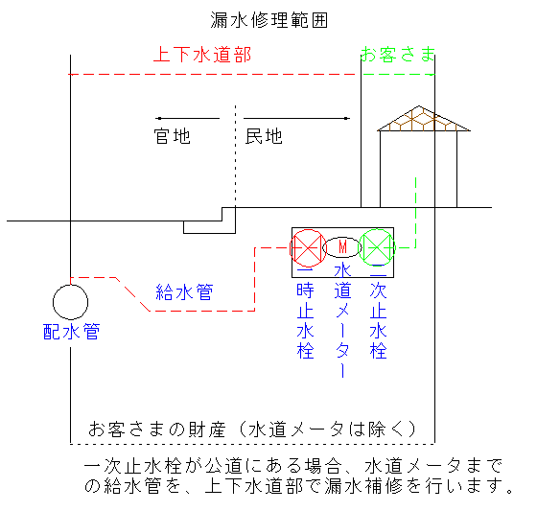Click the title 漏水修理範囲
[269, 20]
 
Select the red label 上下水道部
[202, 55]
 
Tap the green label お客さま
[398, 55]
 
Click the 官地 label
[172, 136]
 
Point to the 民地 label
[264, 136]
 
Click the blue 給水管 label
[184, 292]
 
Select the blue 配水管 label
[71, 332]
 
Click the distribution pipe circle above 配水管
[71, 285]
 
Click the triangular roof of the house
[423, 119]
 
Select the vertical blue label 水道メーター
[343, 320]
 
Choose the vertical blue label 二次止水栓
[379, 315]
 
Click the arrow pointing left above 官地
[187, 119]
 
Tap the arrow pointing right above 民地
[297, 119]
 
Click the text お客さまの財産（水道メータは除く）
[252, 430]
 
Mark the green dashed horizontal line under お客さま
[399, 74]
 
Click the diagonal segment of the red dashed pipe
[133, 294]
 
